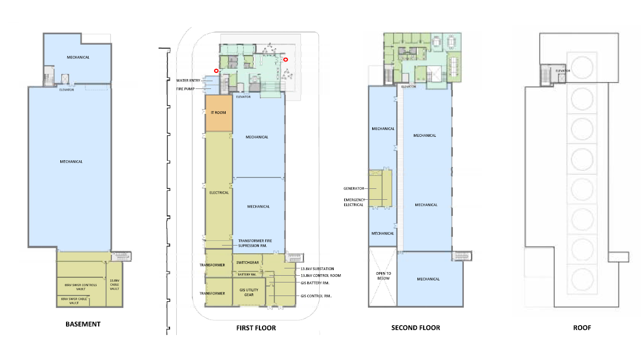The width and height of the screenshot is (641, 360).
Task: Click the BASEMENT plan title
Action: click(83, 324)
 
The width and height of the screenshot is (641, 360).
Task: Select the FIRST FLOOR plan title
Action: click(256, 328)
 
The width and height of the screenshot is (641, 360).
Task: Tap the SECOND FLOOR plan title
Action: click(416, 328)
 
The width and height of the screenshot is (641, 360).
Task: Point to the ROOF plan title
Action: click(582, 328)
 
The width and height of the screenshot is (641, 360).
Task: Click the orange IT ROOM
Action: click(219, 113)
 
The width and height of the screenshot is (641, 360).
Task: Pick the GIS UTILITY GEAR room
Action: click(248, 292)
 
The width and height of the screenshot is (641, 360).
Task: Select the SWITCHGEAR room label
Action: click(247, 262)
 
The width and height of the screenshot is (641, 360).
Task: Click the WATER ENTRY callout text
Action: click(188, 81)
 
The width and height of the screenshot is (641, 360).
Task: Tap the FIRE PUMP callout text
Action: click(186, 89)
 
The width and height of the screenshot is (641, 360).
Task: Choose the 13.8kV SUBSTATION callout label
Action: click(317, 268)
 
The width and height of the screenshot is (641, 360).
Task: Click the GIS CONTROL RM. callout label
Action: click(316, 296)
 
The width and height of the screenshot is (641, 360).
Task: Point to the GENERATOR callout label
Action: click(354, 188)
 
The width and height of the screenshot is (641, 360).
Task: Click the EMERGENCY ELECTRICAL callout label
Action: click(354, 202)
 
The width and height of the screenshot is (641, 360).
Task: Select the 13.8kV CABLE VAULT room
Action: click(114, 285)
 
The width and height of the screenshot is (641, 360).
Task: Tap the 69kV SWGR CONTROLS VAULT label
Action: click(81, 287)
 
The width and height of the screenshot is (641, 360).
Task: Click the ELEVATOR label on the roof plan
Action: click(563, 71)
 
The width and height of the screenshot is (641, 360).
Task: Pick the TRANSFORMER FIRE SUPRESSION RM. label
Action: click(255, 243)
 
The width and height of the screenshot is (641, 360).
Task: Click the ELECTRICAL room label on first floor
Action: click(219, 192)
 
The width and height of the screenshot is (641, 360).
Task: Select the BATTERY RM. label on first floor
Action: click(247, 274)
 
